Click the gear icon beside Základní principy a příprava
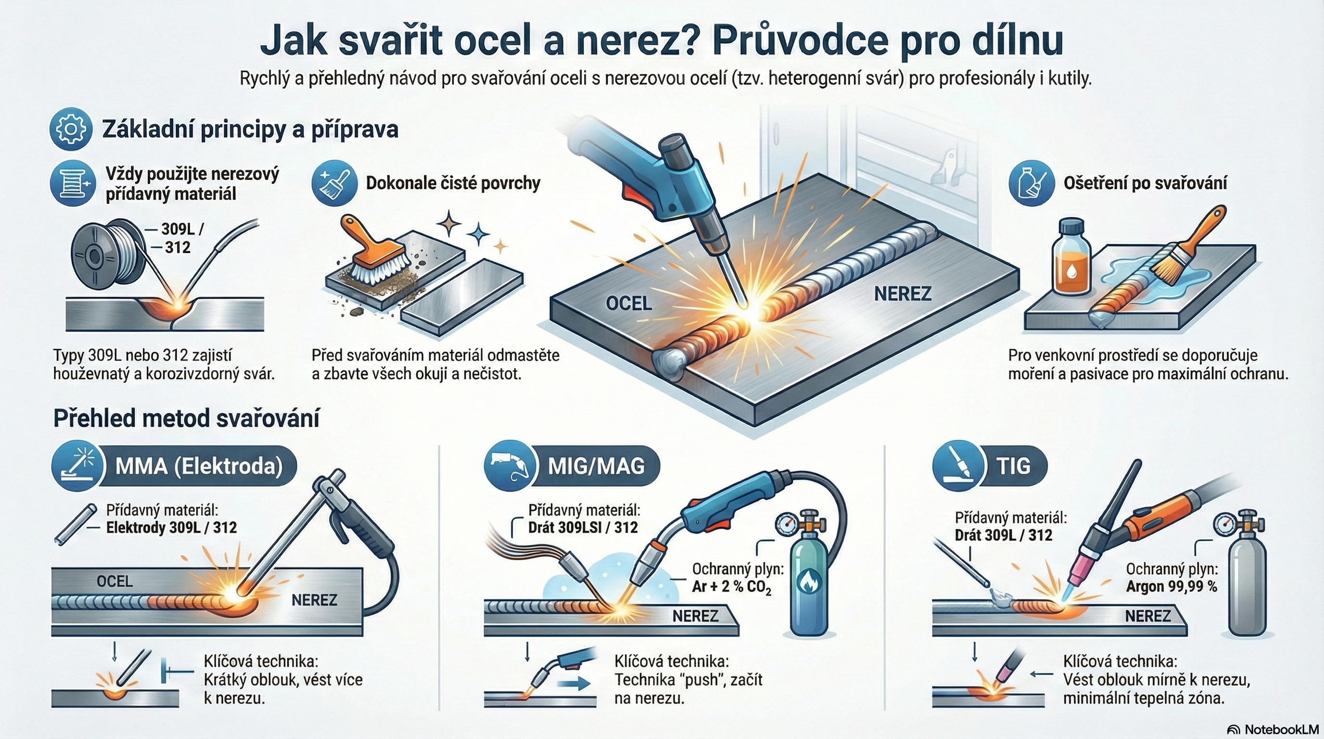tap(71, 129)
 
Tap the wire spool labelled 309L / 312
tap(108, 255)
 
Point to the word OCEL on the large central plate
tap(629, 303)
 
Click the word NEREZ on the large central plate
tap(903, 293)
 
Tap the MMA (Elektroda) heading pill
tap(175, 466)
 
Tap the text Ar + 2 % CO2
tap(732, 587)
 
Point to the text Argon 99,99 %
tap(1171, 586)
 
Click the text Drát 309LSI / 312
tap(583, 528)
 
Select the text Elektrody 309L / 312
tap(171, 528)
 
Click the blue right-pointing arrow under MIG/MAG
tap(574, 684)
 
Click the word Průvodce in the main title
tap(800, 41)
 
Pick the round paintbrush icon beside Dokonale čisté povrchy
tap(334, 182)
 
